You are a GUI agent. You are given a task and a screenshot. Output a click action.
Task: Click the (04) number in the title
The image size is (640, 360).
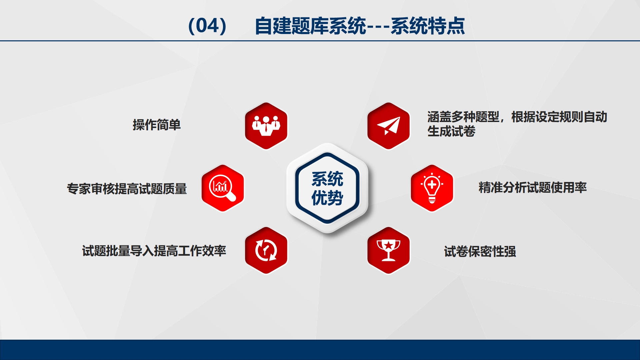point(207,26)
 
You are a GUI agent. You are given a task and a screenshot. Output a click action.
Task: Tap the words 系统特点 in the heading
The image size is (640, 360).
point(428,26)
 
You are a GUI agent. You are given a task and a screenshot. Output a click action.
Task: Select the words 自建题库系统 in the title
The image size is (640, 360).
point(310,26)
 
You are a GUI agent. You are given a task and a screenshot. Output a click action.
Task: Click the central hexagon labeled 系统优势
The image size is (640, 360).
point(327,188)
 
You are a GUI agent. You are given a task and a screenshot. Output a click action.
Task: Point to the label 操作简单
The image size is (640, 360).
point(157,125)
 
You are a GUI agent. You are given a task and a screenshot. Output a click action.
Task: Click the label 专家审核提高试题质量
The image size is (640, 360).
point(127,189)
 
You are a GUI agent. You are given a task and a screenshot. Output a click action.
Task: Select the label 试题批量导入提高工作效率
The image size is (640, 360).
point(154,251)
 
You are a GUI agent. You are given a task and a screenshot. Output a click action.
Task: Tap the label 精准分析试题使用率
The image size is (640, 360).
point(532,187)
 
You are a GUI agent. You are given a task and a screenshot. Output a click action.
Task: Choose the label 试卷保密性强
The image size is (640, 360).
point(480,251)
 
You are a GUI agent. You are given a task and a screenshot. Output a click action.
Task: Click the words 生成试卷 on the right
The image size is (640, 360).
point(451,131)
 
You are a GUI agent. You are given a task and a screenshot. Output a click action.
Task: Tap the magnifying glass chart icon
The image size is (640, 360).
point(222,188)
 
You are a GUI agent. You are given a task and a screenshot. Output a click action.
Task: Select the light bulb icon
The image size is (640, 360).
point(432,188)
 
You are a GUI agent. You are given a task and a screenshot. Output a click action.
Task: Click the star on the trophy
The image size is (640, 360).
point(388,245)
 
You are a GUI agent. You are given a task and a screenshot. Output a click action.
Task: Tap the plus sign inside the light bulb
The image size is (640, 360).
point(432,184)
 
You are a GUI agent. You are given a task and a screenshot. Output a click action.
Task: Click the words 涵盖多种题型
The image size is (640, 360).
point(463,117)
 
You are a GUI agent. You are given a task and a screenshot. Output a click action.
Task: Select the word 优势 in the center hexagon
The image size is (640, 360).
point(327,198)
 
